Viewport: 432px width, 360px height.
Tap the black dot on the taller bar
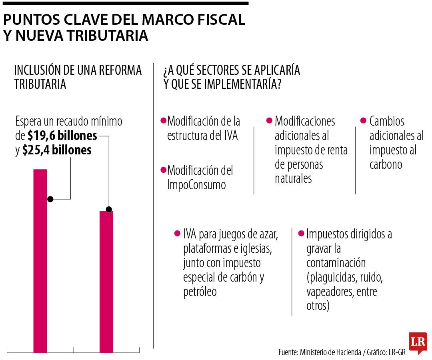tap(50, 199)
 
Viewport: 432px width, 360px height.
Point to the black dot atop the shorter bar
tap(109, 209)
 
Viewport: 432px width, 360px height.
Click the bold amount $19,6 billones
tap(62, 136)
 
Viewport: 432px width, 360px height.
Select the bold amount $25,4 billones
tap(57, 150)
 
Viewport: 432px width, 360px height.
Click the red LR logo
tap(418, 342)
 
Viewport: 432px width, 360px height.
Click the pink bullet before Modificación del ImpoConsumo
tap(163, 170)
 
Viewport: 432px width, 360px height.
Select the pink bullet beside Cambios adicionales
tap(363, 120)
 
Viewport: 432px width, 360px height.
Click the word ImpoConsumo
tap(196, 185)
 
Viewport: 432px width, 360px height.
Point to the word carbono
tap(386, 164)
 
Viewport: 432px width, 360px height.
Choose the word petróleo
tap(200, 292)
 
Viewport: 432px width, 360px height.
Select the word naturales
tap(293, 179)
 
